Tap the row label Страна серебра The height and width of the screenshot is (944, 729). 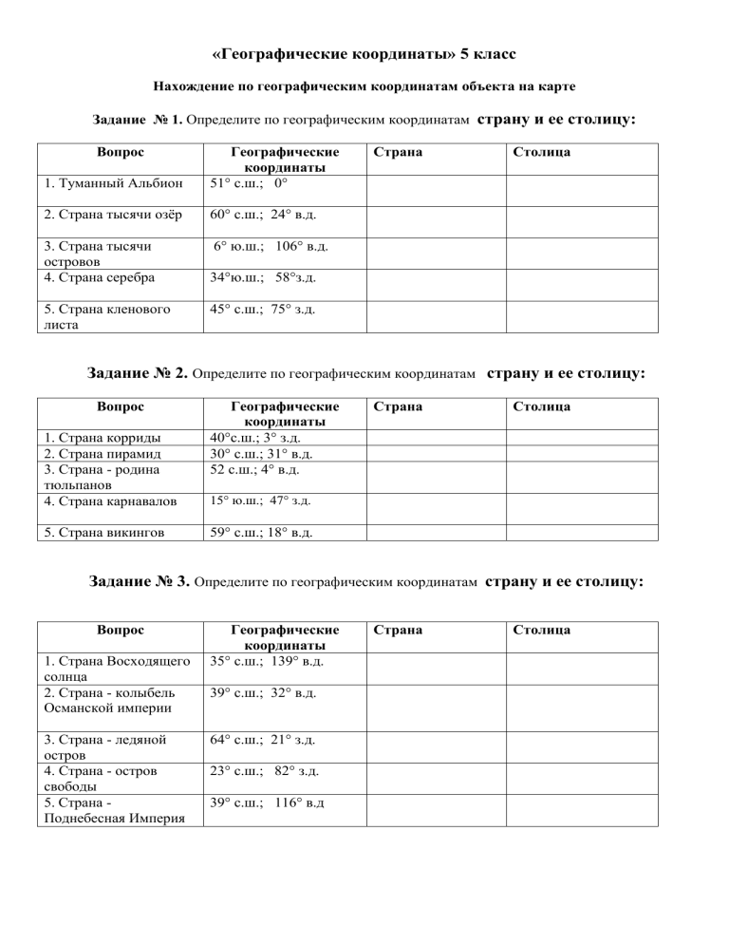94,279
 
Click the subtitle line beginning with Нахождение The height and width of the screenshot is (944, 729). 364,86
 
